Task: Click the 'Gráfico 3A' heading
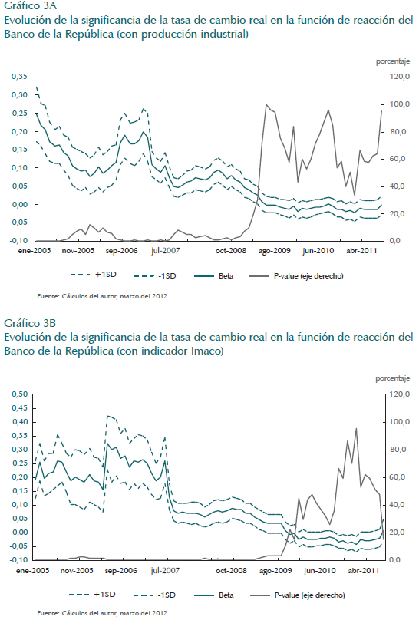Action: [30, 6]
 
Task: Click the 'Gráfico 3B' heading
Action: [30, 323]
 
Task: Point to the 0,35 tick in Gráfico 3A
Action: [19, 76]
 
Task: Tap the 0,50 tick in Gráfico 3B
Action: [19, 394]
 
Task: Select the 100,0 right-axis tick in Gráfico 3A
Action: [399, 104]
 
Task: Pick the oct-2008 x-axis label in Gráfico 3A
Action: [231, 251]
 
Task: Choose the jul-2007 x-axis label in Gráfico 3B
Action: [165, 571]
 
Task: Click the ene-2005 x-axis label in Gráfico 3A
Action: [35, 251]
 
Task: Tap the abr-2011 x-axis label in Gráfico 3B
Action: [363, 571]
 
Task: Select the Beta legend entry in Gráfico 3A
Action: [214, 276]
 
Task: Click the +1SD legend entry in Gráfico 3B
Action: [92, 595]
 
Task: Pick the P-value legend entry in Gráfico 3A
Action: [296, 276]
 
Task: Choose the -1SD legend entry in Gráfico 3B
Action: [154, 595]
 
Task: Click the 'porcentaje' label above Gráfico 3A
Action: [393, 61]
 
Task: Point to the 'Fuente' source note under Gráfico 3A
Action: [103, 295]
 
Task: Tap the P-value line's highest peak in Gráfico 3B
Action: [356, 428]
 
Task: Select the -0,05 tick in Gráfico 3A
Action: [19, 223]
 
